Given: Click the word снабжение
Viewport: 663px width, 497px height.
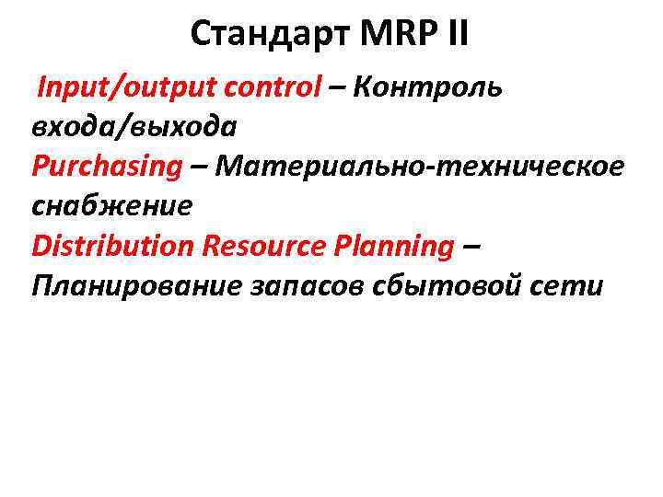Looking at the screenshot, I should point(112,205).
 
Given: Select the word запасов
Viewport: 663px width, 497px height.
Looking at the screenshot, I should point(309,285).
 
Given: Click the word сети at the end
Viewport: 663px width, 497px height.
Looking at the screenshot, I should point(574,285).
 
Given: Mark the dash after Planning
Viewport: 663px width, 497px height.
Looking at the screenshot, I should point(471,247).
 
